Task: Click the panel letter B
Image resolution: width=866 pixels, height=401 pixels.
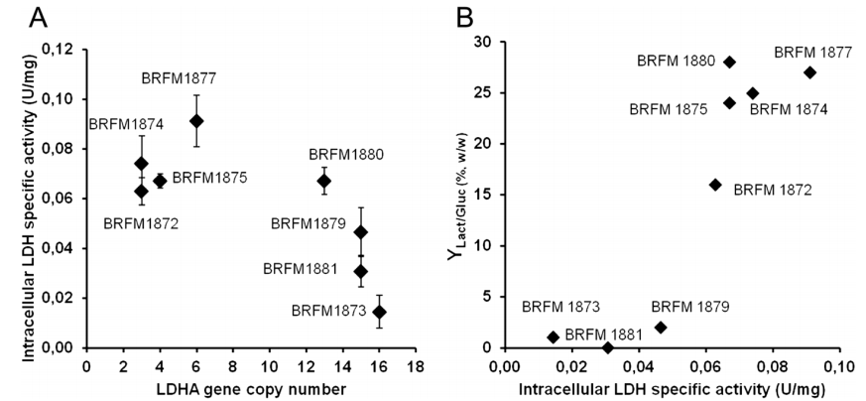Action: point(450,17)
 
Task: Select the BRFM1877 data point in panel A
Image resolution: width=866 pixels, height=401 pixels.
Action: point(196,121)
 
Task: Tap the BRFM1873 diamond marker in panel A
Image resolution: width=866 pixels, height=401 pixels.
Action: point(378,312)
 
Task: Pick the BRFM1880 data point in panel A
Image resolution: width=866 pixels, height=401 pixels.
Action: point(323,181)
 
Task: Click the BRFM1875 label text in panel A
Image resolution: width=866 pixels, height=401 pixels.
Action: point(211,179)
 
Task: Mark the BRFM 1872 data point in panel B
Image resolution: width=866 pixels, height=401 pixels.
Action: point(714,185)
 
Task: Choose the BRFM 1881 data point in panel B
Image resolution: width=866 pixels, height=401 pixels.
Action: point(608,347)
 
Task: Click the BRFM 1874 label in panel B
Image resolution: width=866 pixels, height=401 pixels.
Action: point(788,109)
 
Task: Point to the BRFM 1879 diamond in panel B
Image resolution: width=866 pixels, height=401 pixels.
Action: point(661,328)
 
